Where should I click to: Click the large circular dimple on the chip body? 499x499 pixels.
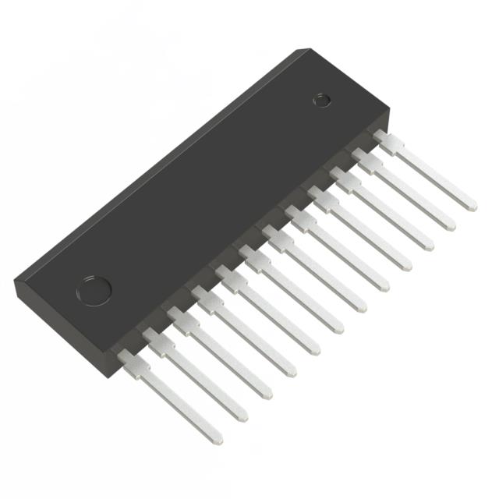[93, 288]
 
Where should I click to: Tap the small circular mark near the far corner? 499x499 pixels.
[321, 99]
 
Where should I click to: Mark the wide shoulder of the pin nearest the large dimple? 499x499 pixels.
[131, 359]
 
